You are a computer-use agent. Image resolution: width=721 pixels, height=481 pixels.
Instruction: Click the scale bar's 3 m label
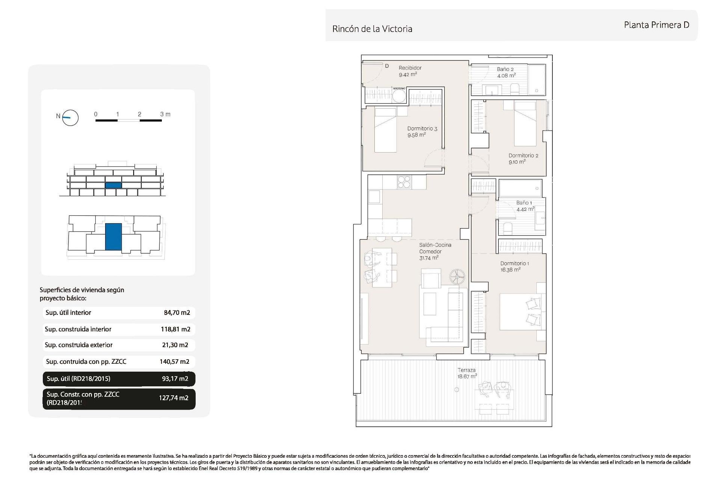(x=165, y=114)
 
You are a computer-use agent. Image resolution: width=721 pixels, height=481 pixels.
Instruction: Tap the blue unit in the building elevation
(x=113, y=185)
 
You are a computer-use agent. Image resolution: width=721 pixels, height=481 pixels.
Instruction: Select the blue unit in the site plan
(x=113, y=237)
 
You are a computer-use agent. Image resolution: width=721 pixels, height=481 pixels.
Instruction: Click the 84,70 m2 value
(x=177, y=313)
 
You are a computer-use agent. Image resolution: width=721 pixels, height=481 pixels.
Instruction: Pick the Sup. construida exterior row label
(x=78, y=345)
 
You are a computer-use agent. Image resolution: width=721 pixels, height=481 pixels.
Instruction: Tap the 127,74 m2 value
(x=173, y=398)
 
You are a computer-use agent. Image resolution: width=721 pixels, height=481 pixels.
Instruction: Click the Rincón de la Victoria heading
(x=372, y=29)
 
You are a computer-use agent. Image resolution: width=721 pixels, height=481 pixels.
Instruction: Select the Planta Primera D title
(x=656, y=25)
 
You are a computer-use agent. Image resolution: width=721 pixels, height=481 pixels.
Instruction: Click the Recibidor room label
(x=410, y=68)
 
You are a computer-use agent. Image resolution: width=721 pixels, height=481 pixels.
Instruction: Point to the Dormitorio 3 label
(x=422, y=129)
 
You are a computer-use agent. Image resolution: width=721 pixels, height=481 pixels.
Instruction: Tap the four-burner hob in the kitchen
(x=404, y=182)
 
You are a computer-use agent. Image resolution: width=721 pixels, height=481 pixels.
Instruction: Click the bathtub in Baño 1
(x=520, y=188)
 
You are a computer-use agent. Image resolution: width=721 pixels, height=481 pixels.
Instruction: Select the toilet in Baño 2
(x=514, y=89)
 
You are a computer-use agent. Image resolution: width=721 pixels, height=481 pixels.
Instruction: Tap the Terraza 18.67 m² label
(x=467, y=373)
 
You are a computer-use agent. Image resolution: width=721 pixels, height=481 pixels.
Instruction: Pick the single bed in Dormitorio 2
(x=525, y=123)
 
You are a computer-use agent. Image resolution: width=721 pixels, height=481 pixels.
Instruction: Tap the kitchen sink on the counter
(x=374, y=197)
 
